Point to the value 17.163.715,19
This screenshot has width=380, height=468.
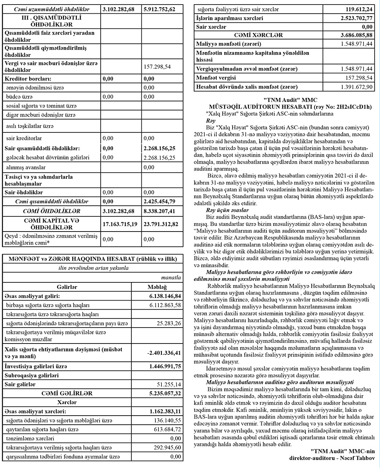click(120, 224)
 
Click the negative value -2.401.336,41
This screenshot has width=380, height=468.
click(164, 353)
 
